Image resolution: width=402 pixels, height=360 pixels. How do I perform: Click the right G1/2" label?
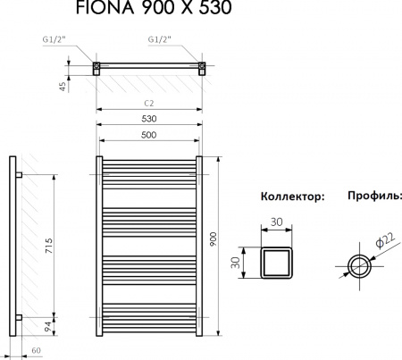[160, 39]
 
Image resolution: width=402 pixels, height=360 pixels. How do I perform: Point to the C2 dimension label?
[149, 104]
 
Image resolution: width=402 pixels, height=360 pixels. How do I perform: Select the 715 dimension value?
[51, 242]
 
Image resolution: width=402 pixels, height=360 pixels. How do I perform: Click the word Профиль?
[373, 195]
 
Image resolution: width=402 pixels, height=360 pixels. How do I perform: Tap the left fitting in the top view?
[97, 66]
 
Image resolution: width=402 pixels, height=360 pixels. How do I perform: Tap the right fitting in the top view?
[202, 66]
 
